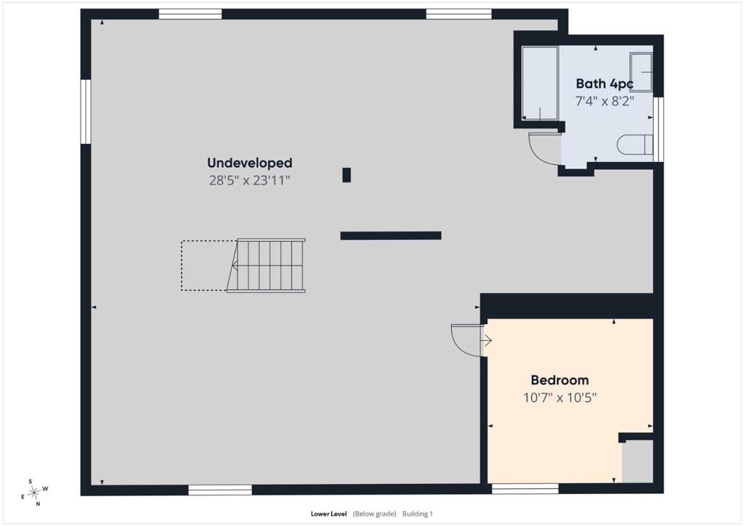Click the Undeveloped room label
[x=250, y=163]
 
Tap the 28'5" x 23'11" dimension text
[x=250, y=180]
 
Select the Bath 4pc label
[x=604, y=84]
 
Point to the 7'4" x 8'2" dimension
[x=604, y=101]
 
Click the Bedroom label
[x=560, y=380]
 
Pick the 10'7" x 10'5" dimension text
[x=560, y=397]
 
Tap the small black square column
[x=347, y=175]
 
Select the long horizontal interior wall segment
[x=391, y=235]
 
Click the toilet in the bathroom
[x=635, y=145]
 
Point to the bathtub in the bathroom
[x=540, y=83]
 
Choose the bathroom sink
[x=641, y=73]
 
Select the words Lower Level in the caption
[x=329, y=514]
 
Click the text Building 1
[x=418, y=514]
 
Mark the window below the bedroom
[x=525, y=489]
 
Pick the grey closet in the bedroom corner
[x=638, y=461]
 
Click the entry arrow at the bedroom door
[x=487, y=341]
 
